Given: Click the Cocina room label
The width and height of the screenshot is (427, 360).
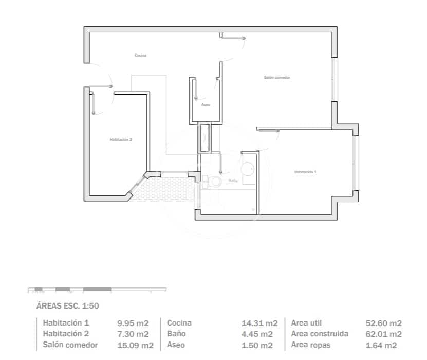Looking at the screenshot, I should [141, 55].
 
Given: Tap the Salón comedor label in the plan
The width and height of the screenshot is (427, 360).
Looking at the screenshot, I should [277, 77].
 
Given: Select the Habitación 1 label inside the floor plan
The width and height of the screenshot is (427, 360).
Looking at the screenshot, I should [305, 172].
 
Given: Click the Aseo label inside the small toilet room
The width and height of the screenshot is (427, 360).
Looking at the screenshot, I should [206, 104].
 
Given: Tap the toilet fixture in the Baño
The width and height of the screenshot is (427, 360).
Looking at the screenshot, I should [213, 181].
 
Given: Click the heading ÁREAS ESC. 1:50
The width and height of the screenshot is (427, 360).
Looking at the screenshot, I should [67, 305].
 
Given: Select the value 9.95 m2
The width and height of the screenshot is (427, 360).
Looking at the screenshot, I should [133, 323].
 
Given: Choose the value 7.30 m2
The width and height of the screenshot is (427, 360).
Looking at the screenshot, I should [133, 334].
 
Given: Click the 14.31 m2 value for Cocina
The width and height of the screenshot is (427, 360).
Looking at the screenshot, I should [259, 323].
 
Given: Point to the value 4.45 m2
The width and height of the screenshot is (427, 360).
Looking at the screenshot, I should [259, 334].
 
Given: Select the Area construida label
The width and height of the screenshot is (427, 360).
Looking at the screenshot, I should [320, 334].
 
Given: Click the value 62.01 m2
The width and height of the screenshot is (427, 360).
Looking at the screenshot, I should [383, 334].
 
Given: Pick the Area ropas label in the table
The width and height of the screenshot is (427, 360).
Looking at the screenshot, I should [311, 345].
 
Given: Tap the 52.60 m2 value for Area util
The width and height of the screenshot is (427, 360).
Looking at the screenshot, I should [383, 323].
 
